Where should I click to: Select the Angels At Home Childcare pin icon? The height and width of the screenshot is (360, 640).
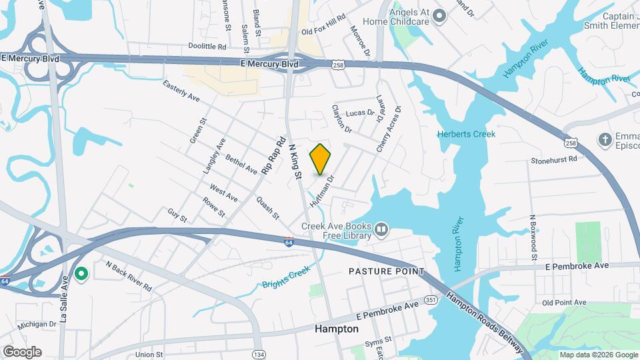(x=439, y=16)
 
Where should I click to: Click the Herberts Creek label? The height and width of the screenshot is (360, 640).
(x=466, y=134)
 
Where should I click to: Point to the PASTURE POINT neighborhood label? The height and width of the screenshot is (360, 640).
(x=387, y=271)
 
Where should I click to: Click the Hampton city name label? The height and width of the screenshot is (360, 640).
(x=336, y=329)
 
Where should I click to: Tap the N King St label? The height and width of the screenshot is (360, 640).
(x=295, y=163)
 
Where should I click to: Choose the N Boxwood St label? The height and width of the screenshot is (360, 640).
(x=533, y=233)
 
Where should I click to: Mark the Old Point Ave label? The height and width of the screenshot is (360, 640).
(x=564, y=303)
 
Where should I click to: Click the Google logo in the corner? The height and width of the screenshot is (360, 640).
(x=22, y=351)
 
